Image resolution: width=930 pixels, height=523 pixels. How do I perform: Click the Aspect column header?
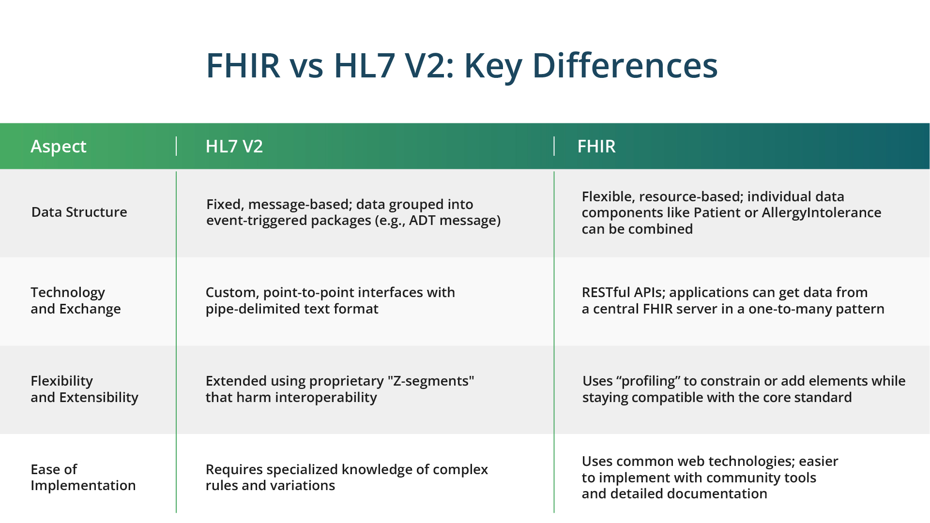[x=59, y=146]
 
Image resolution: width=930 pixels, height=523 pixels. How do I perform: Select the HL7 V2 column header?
[x=234, y=146]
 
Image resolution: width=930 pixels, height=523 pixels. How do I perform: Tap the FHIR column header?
[x=596, y=146]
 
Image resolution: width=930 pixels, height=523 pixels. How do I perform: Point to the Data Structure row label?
[x=79, y=212]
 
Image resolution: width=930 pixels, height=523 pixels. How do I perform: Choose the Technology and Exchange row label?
[x=76, y=300]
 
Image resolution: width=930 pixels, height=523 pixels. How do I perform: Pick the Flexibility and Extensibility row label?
[x=84, y=389]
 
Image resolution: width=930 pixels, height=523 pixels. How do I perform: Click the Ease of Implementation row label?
[x=83, y=477]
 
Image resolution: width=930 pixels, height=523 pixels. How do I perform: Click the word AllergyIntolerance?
[x=822, y=213]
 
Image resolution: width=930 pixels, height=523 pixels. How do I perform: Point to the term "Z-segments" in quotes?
[x=431, y=381]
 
